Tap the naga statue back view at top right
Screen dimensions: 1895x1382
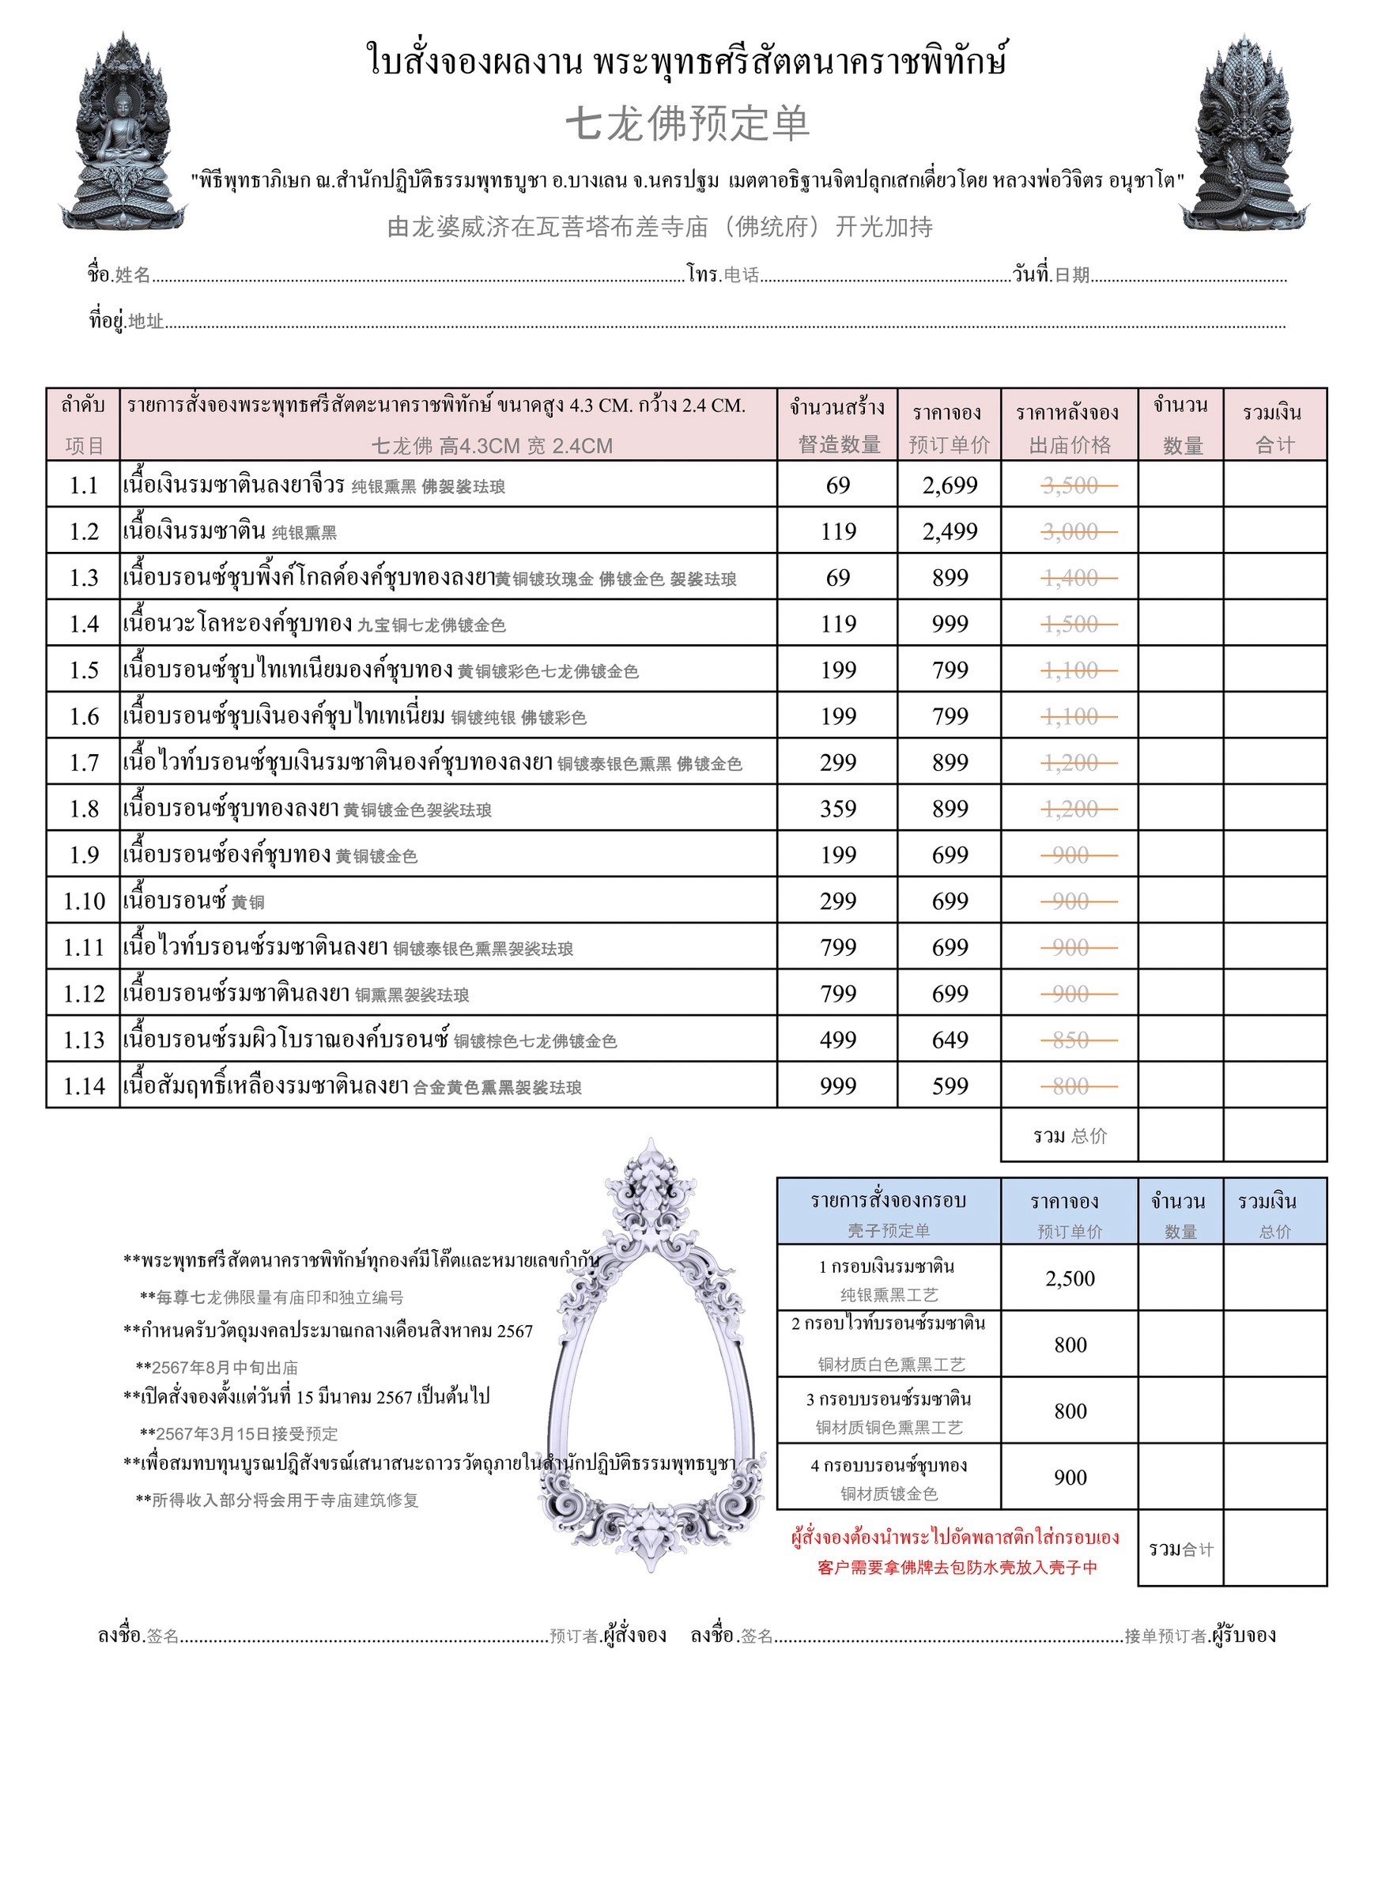1244,134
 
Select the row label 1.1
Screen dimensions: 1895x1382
84,486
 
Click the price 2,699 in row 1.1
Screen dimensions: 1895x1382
950,486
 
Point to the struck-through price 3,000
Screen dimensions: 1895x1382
1070,532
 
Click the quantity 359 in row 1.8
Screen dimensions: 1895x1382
838,810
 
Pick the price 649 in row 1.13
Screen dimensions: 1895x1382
950,1040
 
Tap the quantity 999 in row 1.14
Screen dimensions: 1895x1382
838,1086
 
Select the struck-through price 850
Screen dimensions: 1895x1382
1070,1040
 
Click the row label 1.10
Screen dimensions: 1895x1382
84,901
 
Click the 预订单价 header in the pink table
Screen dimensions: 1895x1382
950,445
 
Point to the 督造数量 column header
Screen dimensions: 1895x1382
839,445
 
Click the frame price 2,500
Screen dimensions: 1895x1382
1070,1278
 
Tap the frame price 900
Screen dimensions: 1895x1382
1070,1478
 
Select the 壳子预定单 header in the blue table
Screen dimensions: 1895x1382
889,1231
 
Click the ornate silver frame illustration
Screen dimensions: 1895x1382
651,1355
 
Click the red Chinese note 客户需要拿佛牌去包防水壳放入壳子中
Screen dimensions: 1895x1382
957,1568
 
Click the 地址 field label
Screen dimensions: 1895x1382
145,321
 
